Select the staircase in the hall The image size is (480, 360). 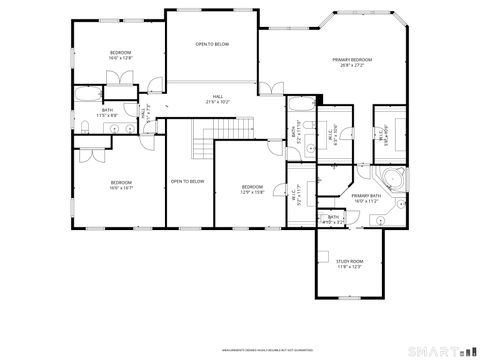204,145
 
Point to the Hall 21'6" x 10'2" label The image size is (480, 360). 217,98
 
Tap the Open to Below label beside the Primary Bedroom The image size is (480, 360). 212,45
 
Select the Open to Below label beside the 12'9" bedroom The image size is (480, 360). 187,181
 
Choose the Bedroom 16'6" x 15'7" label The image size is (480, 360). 121,183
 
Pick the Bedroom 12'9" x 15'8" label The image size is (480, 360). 251,189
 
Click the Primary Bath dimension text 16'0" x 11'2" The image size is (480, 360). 365,201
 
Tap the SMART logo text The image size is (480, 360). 432,350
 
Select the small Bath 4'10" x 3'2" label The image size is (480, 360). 332,218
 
